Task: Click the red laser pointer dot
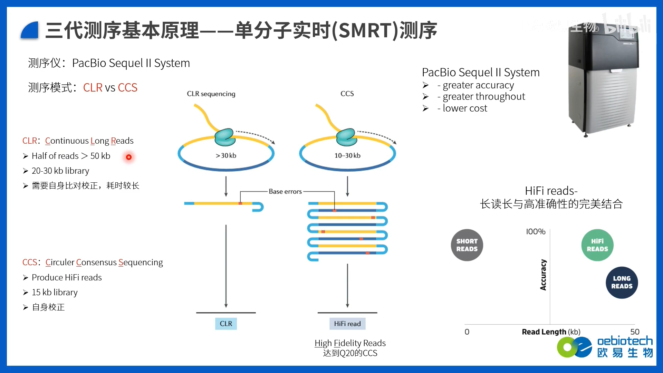[x=129, y=157]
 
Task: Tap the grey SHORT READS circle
[x=467, y=245]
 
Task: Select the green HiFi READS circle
[x=597, y=245]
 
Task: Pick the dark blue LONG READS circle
[x=622, y=283]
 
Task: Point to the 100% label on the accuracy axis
[x=536, y=232]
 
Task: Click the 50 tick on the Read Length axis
[x=635, y=332]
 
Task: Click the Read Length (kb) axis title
[x=551, y=332]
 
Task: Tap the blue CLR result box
[x=226, y=324]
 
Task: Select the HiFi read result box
[x=347, y=324]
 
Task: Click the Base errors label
[x=285, y=191]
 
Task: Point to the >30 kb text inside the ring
[x=226, y=156]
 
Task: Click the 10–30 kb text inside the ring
[x=347, y=156]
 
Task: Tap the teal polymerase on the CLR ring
[x=225, y=137]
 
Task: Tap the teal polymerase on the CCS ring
[x=346, y=137]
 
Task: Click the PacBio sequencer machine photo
[x=603, y=79]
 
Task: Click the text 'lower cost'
[x=465, y=108]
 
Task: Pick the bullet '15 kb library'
[x=55, y=293]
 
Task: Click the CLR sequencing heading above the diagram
[x=211, y=94]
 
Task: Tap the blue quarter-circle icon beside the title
[x=30, y=30]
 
